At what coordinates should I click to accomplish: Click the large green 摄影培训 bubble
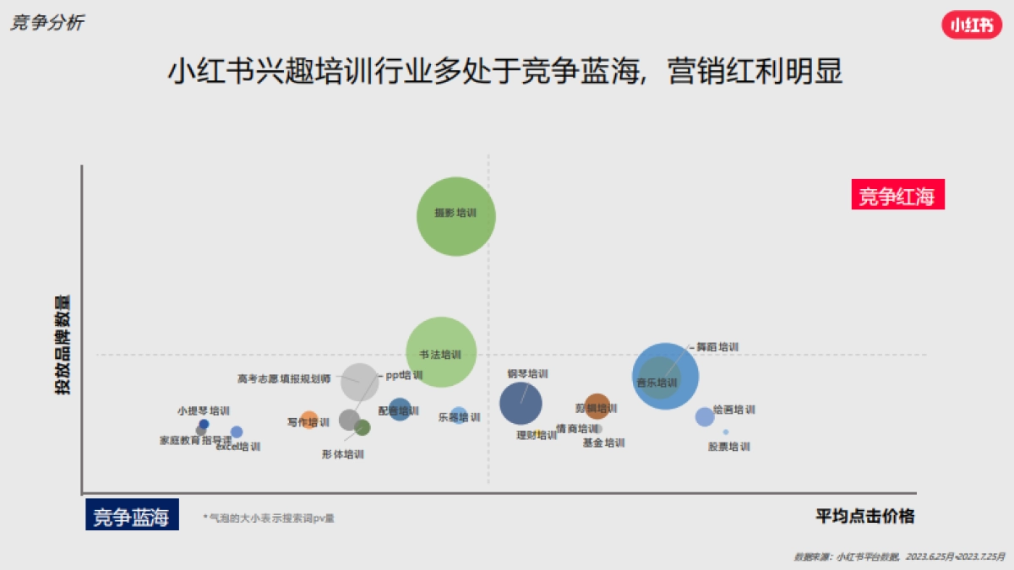455,216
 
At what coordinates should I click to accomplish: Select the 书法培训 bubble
440,352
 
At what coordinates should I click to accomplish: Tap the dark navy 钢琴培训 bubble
521,404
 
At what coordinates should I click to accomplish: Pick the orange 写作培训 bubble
308,419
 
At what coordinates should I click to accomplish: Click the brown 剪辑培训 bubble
597,406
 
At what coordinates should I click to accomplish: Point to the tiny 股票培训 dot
725,432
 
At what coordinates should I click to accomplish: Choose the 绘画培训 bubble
704,416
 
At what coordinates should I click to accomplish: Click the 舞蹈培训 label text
717,347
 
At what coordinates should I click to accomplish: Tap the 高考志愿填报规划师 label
284,379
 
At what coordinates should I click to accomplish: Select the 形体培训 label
342,454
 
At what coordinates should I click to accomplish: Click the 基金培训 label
603,443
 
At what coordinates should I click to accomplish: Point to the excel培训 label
238,447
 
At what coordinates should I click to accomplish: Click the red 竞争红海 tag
897,196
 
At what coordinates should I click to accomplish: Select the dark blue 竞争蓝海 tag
132,515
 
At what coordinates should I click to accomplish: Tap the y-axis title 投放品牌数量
63,345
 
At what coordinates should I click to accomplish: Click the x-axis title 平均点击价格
864,515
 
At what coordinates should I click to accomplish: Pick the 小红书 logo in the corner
971,25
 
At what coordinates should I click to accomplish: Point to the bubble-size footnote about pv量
269,518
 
